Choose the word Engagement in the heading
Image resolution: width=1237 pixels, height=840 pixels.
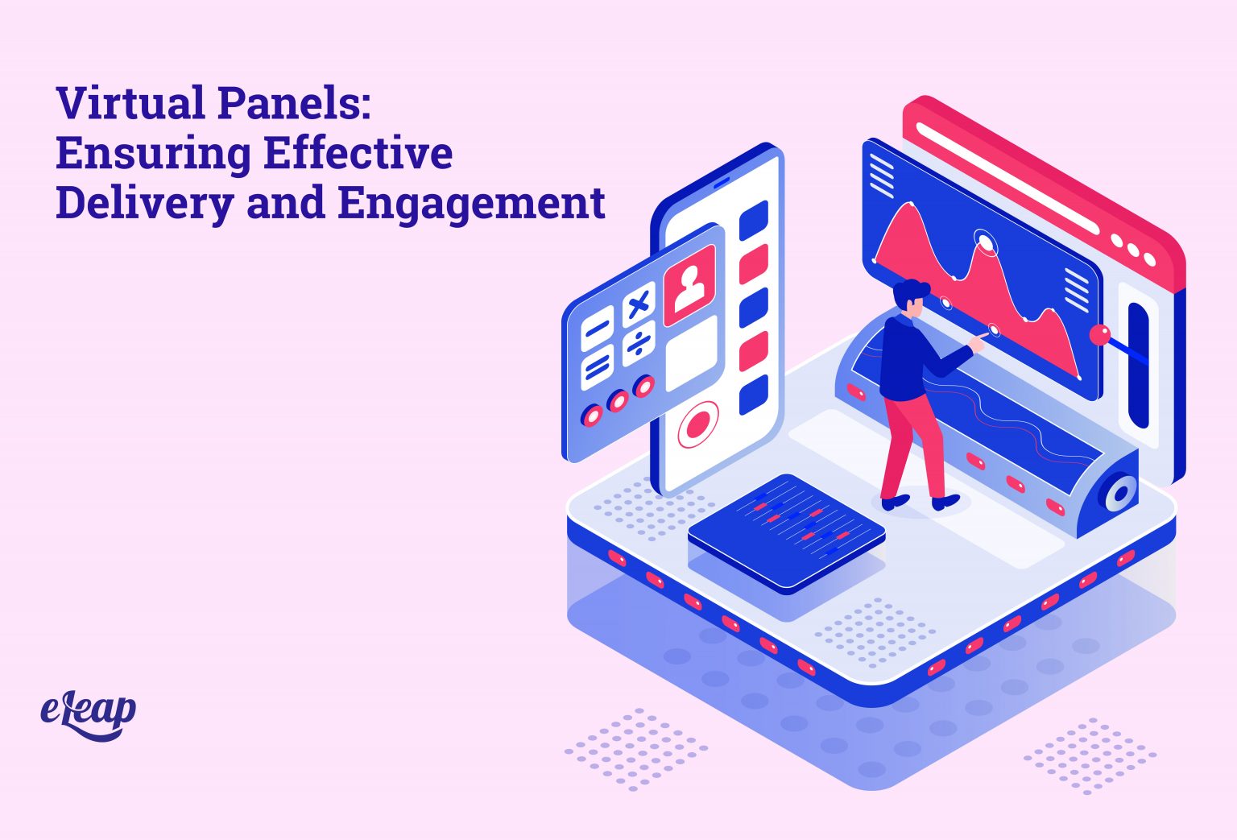(471, 203)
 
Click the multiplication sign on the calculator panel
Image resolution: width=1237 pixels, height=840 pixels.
(639, 304)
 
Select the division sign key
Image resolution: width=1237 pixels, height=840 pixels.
(639, 343)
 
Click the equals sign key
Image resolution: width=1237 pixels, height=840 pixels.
(598, 367)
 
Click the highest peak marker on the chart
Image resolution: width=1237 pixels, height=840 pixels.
(984, 239)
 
